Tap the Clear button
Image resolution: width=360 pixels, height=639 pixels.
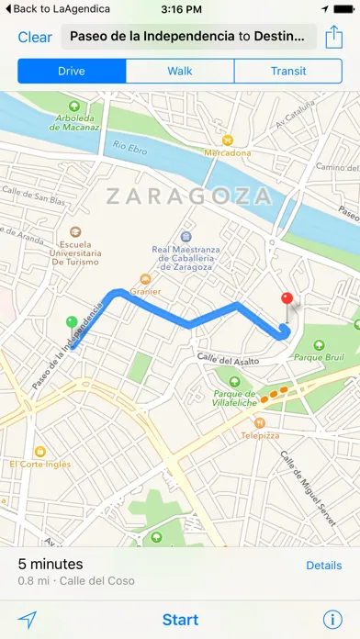(x=35, y=38)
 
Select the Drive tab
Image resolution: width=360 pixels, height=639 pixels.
(x=72, y=71)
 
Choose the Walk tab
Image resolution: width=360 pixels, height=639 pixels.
(x=180, y=71)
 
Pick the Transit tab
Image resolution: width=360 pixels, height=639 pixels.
(x=288, y=71)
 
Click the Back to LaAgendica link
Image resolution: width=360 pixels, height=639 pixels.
(x=56, y=8)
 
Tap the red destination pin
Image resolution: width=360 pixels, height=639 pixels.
(x=287, y=300)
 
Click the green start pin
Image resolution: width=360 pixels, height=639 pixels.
(x=72, y=322)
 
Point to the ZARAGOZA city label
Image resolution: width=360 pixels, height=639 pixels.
(x=188, y=196)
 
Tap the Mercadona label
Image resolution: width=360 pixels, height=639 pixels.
(x=228, y=153)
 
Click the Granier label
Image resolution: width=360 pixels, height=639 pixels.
(x=145, y=291)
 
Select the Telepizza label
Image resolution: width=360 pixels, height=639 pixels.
(x=260, y=438)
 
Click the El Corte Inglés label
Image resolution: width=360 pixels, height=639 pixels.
(x=40, y=464)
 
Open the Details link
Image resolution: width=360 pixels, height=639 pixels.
(x=323, y=566)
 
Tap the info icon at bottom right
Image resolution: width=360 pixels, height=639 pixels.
(x=332, y=620)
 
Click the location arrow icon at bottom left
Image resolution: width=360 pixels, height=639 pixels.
(x=28, y=620)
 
